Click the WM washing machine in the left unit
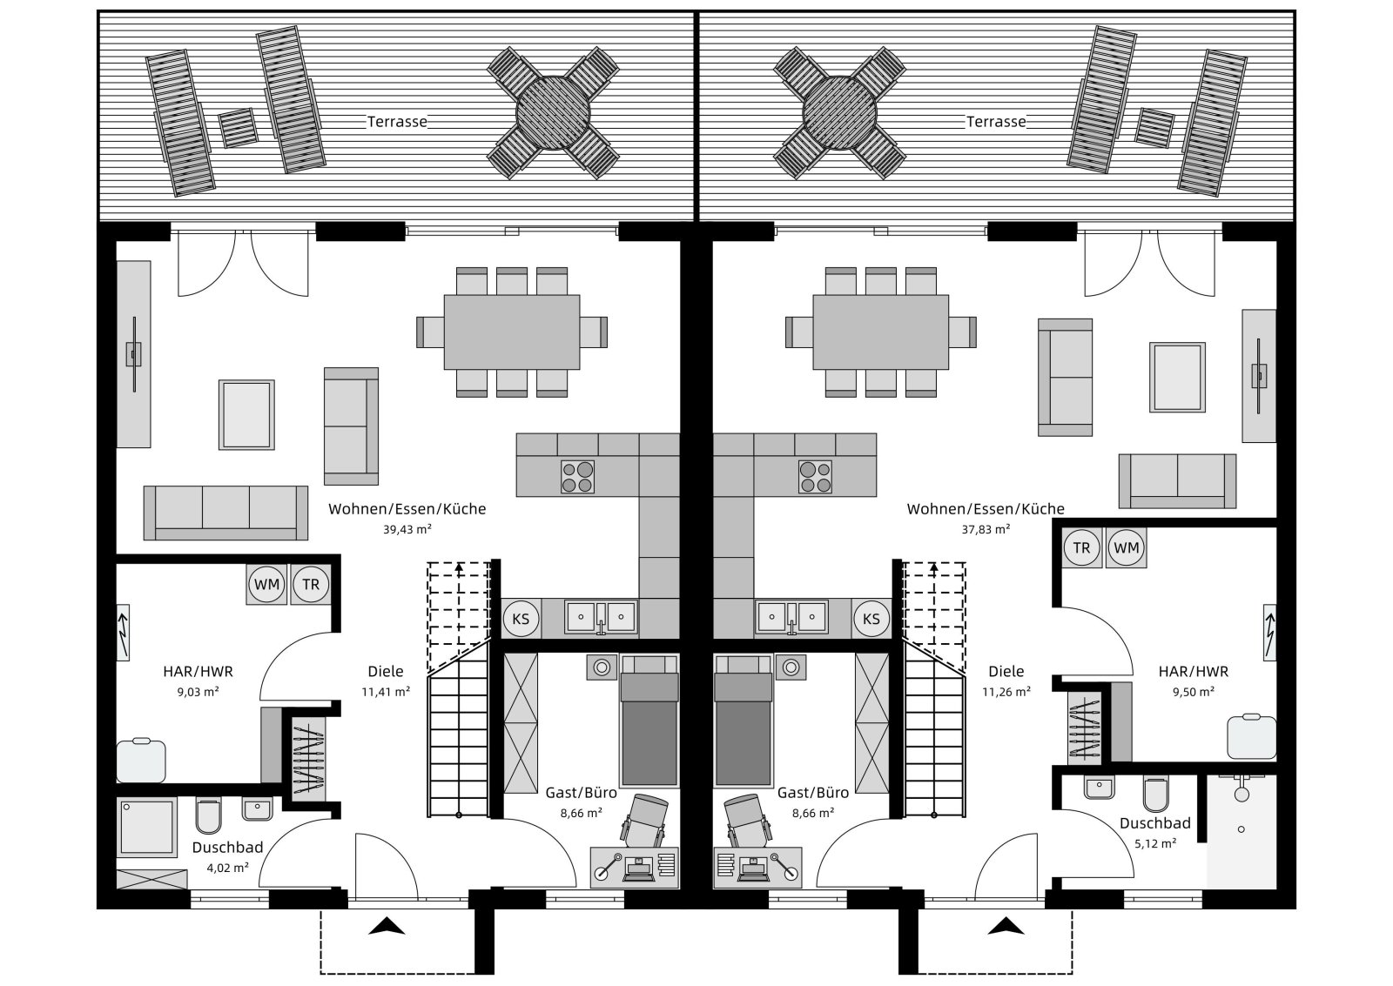266,585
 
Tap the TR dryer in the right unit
1081,547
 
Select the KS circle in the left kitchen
521,619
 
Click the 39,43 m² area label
407,530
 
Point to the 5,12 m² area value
1154,843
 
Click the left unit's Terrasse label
397,122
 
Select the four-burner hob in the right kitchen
815,477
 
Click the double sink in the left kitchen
601,617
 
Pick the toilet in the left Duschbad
208,815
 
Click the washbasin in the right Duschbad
1099,787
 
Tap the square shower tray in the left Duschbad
147,827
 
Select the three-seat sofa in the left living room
225,513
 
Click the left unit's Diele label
386,672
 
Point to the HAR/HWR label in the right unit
1194,672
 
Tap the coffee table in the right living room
1177,377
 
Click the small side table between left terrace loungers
239,128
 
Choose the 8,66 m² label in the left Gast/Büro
581,813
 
